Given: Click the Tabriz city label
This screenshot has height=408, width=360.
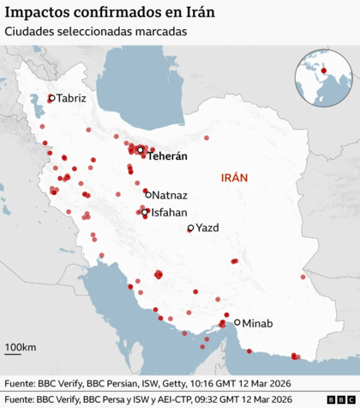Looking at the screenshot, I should tap(72, 99).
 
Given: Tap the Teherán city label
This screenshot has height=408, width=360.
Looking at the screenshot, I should tap(167, 157).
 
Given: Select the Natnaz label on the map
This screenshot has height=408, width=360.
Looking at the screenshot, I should tap(170, 196).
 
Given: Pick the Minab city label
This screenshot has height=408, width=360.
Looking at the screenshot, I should tap(257, 324).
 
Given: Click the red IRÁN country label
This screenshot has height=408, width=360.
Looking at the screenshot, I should tap(234, 179).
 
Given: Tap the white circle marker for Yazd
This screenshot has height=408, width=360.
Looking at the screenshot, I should tap(191, 228).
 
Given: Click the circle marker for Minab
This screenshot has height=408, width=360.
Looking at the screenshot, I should tap(237, 324).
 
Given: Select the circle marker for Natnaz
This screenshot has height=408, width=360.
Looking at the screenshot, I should tap(147, 194).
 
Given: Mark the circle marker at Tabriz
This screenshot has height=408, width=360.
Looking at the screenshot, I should tap(51, 99).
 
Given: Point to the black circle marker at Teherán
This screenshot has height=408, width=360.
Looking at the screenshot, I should tap(140, 149).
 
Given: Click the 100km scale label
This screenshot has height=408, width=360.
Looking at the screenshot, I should tap(20, 347).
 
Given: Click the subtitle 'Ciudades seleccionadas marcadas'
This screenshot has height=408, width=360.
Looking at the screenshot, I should tap(95, 33).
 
